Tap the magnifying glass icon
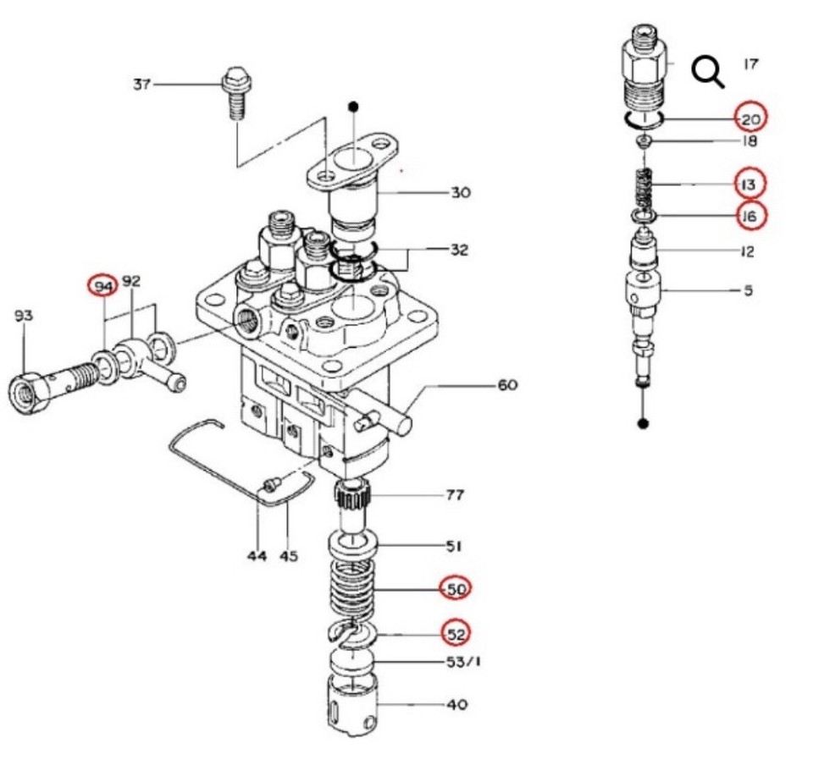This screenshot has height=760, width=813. (x=708, y=72)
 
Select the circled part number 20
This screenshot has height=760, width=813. (x=750, y=118)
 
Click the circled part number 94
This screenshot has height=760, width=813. (x=103, y=287)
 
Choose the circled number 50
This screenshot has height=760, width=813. (x=456, y=588)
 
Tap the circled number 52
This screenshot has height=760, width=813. (x=456, y=633)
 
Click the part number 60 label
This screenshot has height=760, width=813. (x=506, y=385)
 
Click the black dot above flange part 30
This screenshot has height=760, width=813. (x=354, y=107)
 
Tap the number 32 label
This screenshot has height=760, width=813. (x=459, y=250)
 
